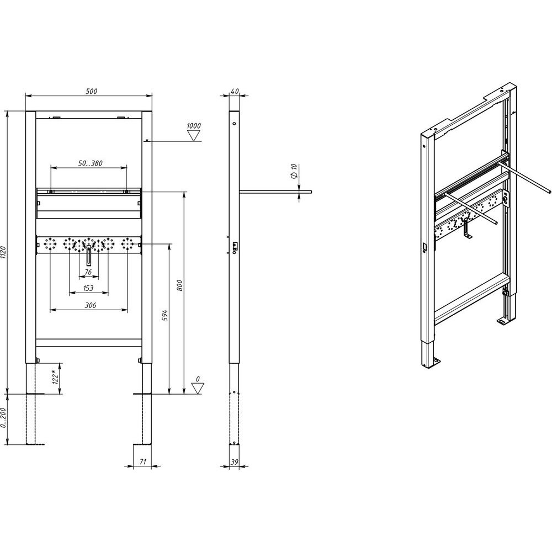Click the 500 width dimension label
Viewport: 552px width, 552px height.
pyautogui.click(x=91, y=91)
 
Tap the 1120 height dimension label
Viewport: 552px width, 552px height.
pyautogui.click(x=3, y=252)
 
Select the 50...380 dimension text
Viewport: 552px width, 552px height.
pyautogui.click(x=90, y=163)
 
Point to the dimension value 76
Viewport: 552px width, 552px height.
pyautogui.click(x=88, y=272)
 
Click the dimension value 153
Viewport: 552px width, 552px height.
pyautogui.click(x=88, y=288)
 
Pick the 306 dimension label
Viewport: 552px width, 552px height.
pyautogui.click(x=91, y=305)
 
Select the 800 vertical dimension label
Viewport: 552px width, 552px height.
pyautogui.click(x=179, y=285)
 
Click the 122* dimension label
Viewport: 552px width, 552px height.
pyautogui.click(x=55, y=377)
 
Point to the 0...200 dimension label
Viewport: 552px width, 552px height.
pyautogui.click(x=3, y=417)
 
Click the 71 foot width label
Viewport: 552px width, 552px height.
pyautogui.click(x=142, y=461)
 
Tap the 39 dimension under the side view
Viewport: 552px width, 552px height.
pyautogui.click(x=235, y=462)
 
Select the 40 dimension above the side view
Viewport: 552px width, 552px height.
pyautogui.click(x=235, y=91)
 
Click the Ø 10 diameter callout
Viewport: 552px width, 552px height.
pyautogui.click(x=294, y=171)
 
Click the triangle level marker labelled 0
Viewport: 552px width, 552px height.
pyautogui.click(x=198, y=388)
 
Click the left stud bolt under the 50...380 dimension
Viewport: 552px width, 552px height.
pyautogui.click(x=51, y=192)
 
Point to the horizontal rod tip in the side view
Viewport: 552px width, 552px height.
pyautogui.click(x=310, y=192)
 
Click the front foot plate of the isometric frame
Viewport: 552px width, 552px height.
pyautogui.click(x=436, y=362)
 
